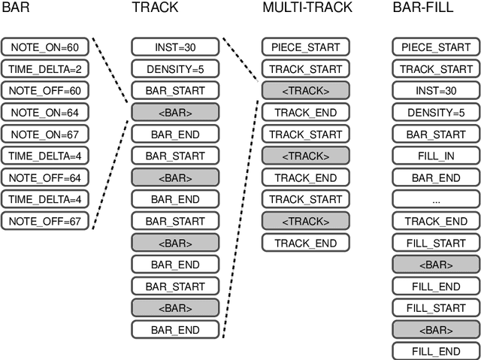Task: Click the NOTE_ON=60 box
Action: (x=45, y=47)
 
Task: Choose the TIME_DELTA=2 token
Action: (x=45, y=68)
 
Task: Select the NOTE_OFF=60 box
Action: (x=45, y=90)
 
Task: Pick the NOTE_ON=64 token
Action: (x=45, y=113)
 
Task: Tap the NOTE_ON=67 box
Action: (x=45, y=135)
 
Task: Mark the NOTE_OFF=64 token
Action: (x=45, y=178)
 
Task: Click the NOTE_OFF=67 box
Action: (x=45, y=222)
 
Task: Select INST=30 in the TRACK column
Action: (x=176, y=47)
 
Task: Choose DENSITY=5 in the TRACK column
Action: (x=176, y=68)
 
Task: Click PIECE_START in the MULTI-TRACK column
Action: (x=306, y=47)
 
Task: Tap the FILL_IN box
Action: (x=437, y=156)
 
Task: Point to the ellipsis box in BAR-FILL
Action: (x=437, y=200)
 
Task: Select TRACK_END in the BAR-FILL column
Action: (x=437, y=222)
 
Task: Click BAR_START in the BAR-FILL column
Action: (x=437, y=135)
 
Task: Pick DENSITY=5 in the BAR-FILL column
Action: (x=437, y=113)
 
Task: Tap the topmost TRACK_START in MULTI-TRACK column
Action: (x=306, y=68)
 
